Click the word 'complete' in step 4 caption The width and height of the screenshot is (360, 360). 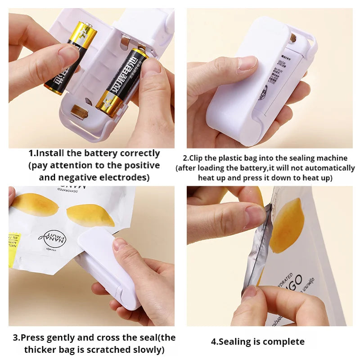tap(283, 342)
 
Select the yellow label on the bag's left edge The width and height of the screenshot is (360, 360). tap(13, 249)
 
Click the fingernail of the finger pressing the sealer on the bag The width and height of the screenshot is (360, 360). tap(120, 244)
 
